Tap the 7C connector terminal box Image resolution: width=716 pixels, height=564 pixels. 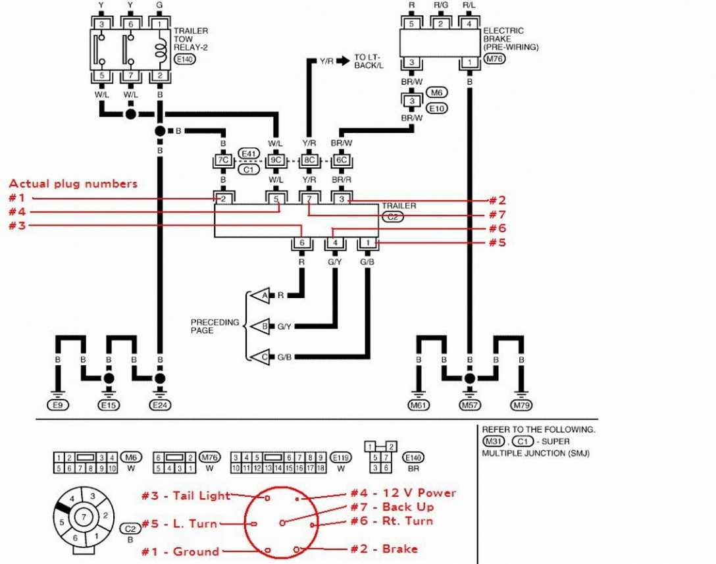(x=223, y=159)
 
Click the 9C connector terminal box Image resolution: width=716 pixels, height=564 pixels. (x=276, y=159)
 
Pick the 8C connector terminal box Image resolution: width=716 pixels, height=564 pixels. (x=308, y=159)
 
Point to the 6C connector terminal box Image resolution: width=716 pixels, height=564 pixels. (x=340, y=159)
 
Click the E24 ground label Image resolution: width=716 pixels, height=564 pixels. (x=159, y=405)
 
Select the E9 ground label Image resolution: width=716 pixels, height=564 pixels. (x=57, y=405)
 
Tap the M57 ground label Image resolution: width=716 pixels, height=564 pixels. (x=469, y=405)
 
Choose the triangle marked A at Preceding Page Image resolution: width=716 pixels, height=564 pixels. (x=261, y=295)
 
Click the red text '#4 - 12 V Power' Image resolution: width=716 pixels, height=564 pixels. (x=403, y=493)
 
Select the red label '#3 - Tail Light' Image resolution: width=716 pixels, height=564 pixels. (x=186, y=496)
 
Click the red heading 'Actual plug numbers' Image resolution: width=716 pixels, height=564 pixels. (x=73, y=184)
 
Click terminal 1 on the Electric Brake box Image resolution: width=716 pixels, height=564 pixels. (x=470, y=63)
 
